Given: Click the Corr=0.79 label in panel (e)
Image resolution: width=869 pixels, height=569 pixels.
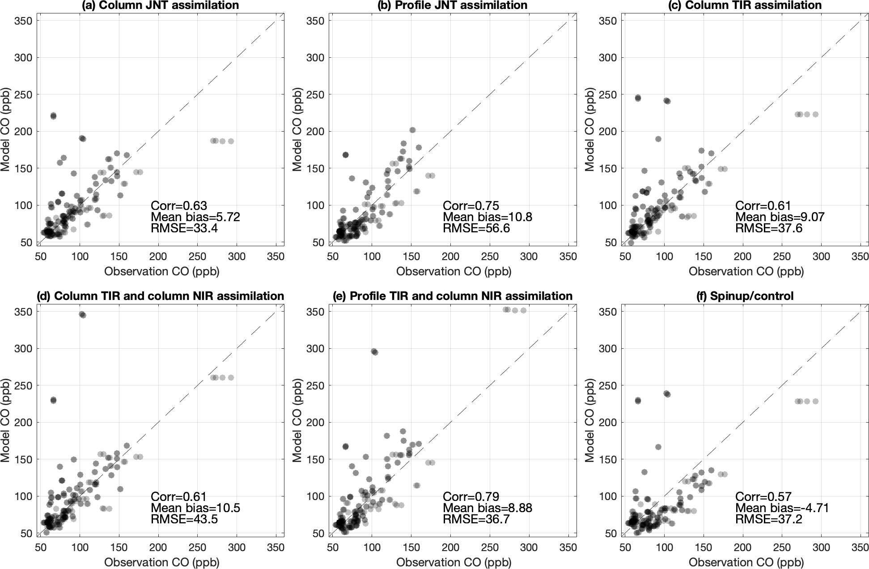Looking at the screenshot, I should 471,496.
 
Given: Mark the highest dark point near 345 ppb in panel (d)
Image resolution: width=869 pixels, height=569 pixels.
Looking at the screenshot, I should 82,315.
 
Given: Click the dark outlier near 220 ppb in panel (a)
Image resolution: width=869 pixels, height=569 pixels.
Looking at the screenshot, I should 53,116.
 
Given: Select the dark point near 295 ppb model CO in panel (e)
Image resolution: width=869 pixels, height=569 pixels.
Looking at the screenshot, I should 374,352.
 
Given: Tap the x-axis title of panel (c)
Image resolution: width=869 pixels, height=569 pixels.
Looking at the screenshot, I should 746,271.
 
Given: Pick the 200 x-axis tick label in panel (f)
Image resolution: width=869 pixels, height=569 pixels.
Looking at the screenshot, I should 742,548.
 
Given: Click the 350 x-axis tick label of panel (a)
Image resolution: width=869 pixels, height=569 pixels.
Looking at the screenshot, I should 276,257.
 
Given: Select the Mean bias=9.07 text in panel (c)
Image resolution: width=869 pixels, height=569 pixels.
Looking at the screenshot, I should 780,217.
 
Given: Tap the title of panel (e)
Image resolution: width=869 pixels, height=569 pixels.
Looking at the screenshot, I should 452,296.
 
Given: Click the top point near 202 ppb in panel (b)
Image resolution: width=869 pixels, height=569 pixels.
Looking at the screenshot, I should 412,130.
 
